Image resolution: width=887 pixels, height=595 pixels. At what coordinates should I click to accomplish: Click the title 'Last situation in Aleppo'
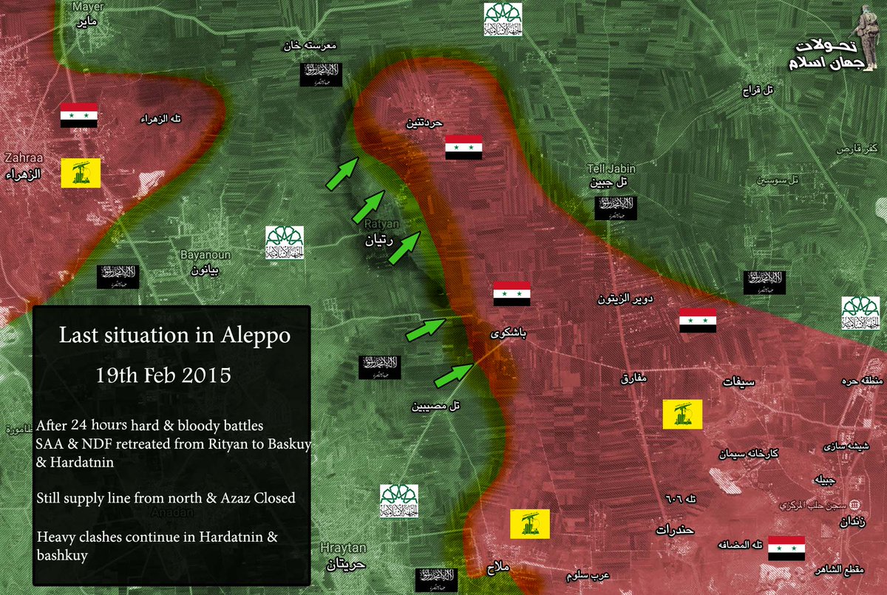(x=174, y=336)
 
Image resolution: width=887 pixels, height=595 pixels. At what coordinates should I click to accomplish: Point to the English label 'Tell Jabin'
(x=611, y=169)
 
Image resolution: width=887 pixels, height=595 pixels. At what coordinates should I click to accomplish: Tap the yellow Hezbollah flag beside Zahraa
(x=80, y=171)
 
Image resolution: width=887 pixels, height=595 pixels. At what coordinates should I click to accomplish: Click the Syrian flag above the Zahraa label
(x=79, y=115)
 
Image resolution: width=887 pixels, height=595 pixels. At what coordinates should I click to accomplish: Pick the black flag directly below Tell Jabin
(x=616, y=208)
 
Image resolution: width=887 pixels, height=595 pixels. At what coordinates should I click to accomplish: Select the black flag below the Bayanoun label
(x=118, y=276)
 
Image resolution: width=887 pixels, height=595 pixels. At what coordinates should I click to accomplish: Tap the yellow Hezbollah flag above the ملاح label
(x=529, y=523)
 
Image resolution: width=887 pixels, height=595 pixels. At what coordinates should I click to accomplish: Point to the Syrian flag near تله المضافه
(x=786, y=548)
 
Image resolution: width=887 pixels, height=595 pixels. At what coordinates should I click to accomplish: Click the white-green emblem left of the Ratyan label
(x=285, y=242)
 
